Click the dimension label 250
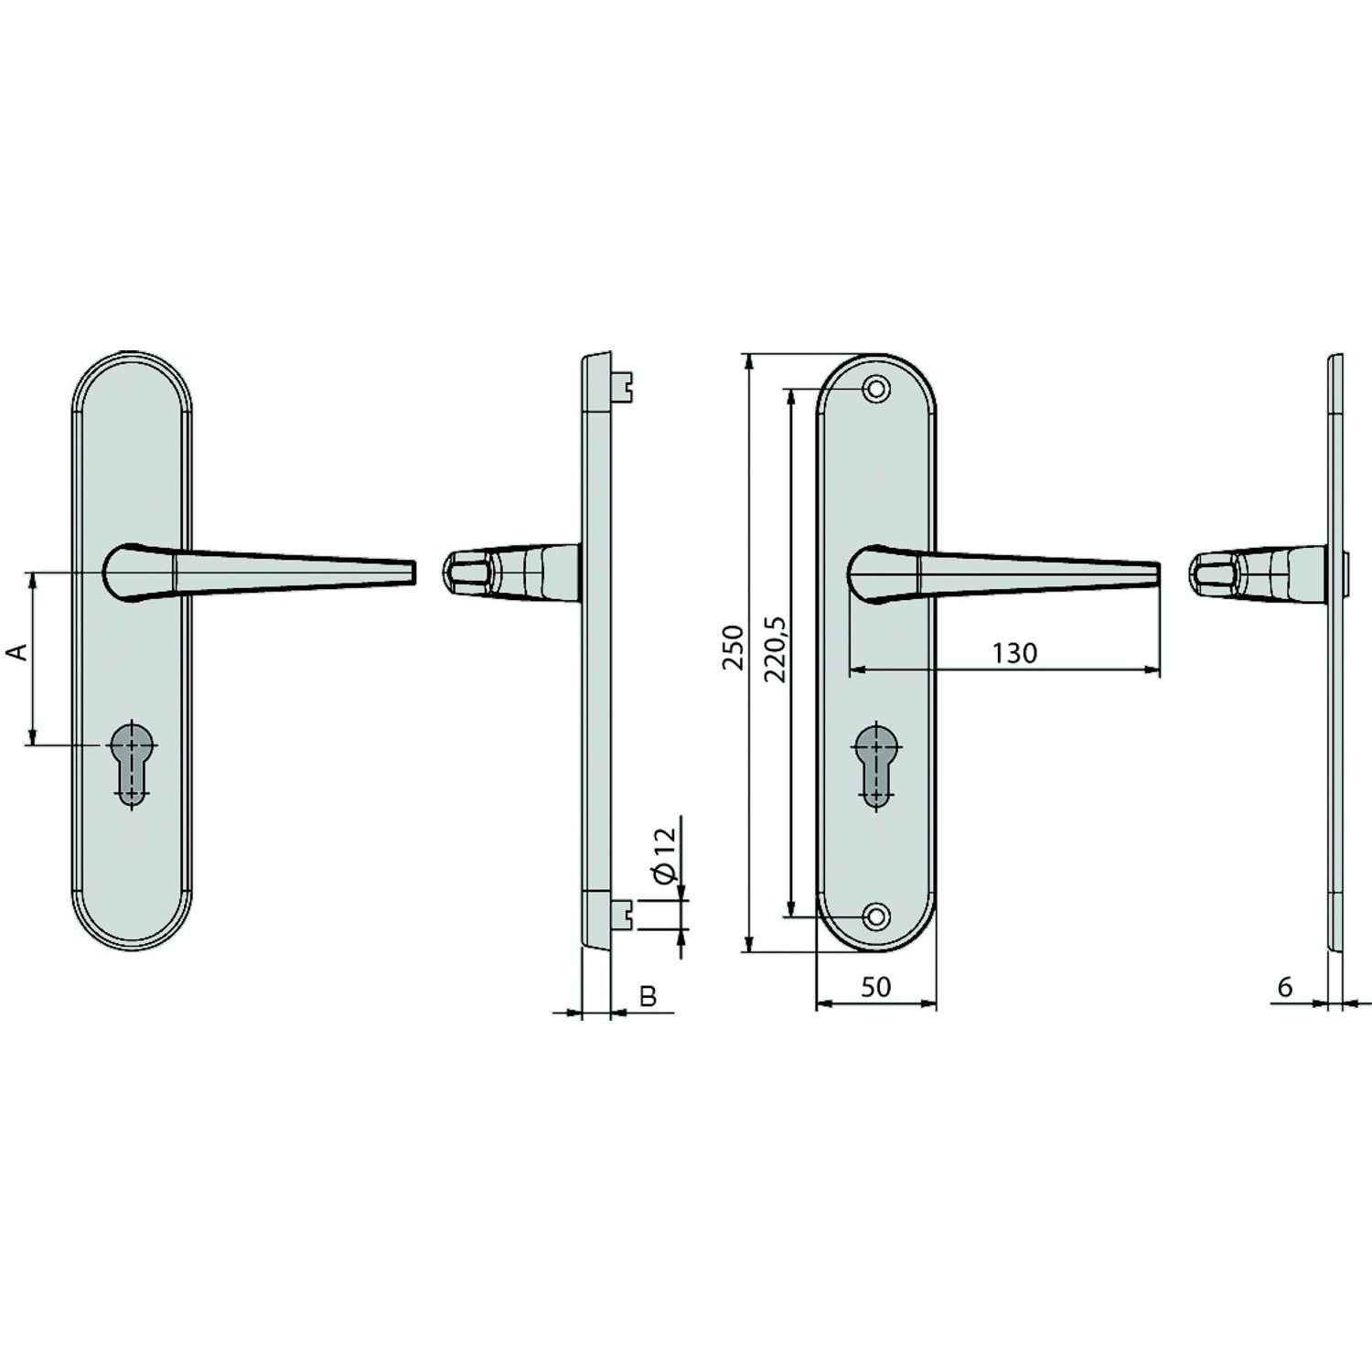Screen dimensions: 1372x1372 (x=733, y=648)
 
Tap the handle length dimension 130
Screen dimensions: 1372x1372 (x=1014, y=653)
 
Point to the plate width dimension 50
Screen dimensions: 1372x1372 (x=875, y=987)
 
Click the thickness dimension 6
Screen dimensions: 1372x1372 (x=1285, y=987)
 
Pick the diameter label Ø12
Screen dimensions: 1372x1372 (x=666, y=853)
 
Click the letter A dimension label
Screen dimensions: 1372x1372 (x=16, y=651)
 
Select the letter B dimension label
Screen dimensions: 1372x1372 (x=648, y=996)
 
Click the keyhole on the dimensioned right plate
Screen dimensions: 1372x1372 (x=876, y=766)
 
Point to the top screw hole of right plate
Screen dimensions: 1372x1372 (x=877, y=389)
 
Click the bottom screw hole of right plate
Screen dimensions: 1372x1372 (x=877, y=916)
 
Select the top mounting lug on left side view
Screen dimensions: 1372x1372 (x=622, y=385)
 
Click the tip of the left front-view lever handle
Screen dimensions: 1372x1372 (x=413, y=572)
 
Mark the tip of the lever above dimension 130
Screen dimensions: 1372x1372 (x=1157, y=574)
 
